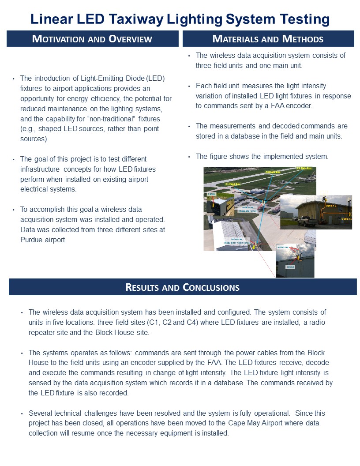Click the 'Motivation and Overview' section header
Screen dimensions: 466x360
click(x=92, y=39)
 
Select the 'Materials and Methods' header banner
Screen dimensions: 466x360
click(x=268, y=39)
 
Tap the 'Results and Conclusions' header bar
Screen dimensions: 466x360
click(x=183, y=288)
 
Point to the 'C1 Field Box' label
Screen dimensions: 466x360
click(x=232, y=184)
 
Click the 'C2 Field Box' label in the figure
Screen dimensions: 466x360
click(x=273, y=172)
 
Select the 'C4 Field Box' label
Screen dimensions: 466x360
click(x=304, y=169)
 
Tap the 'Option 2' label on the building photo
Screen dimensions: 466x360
click(x=331, y=206)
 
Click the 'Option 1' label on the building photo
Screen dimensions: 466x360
click(x=346, y=219)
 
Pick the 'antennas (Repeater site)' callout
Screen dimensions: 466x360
click(x=247, y=209)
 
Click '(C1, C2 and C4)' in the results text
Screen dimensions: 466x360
click(x=188, y=323)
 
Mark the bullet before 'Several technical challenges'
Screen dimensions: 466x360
click(x=22, y=413)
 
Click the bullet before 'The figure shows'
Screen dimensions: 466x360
click(x=189, y=157)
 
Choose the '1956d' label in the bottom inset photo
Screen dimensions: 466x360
click(x=290, y=267)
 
